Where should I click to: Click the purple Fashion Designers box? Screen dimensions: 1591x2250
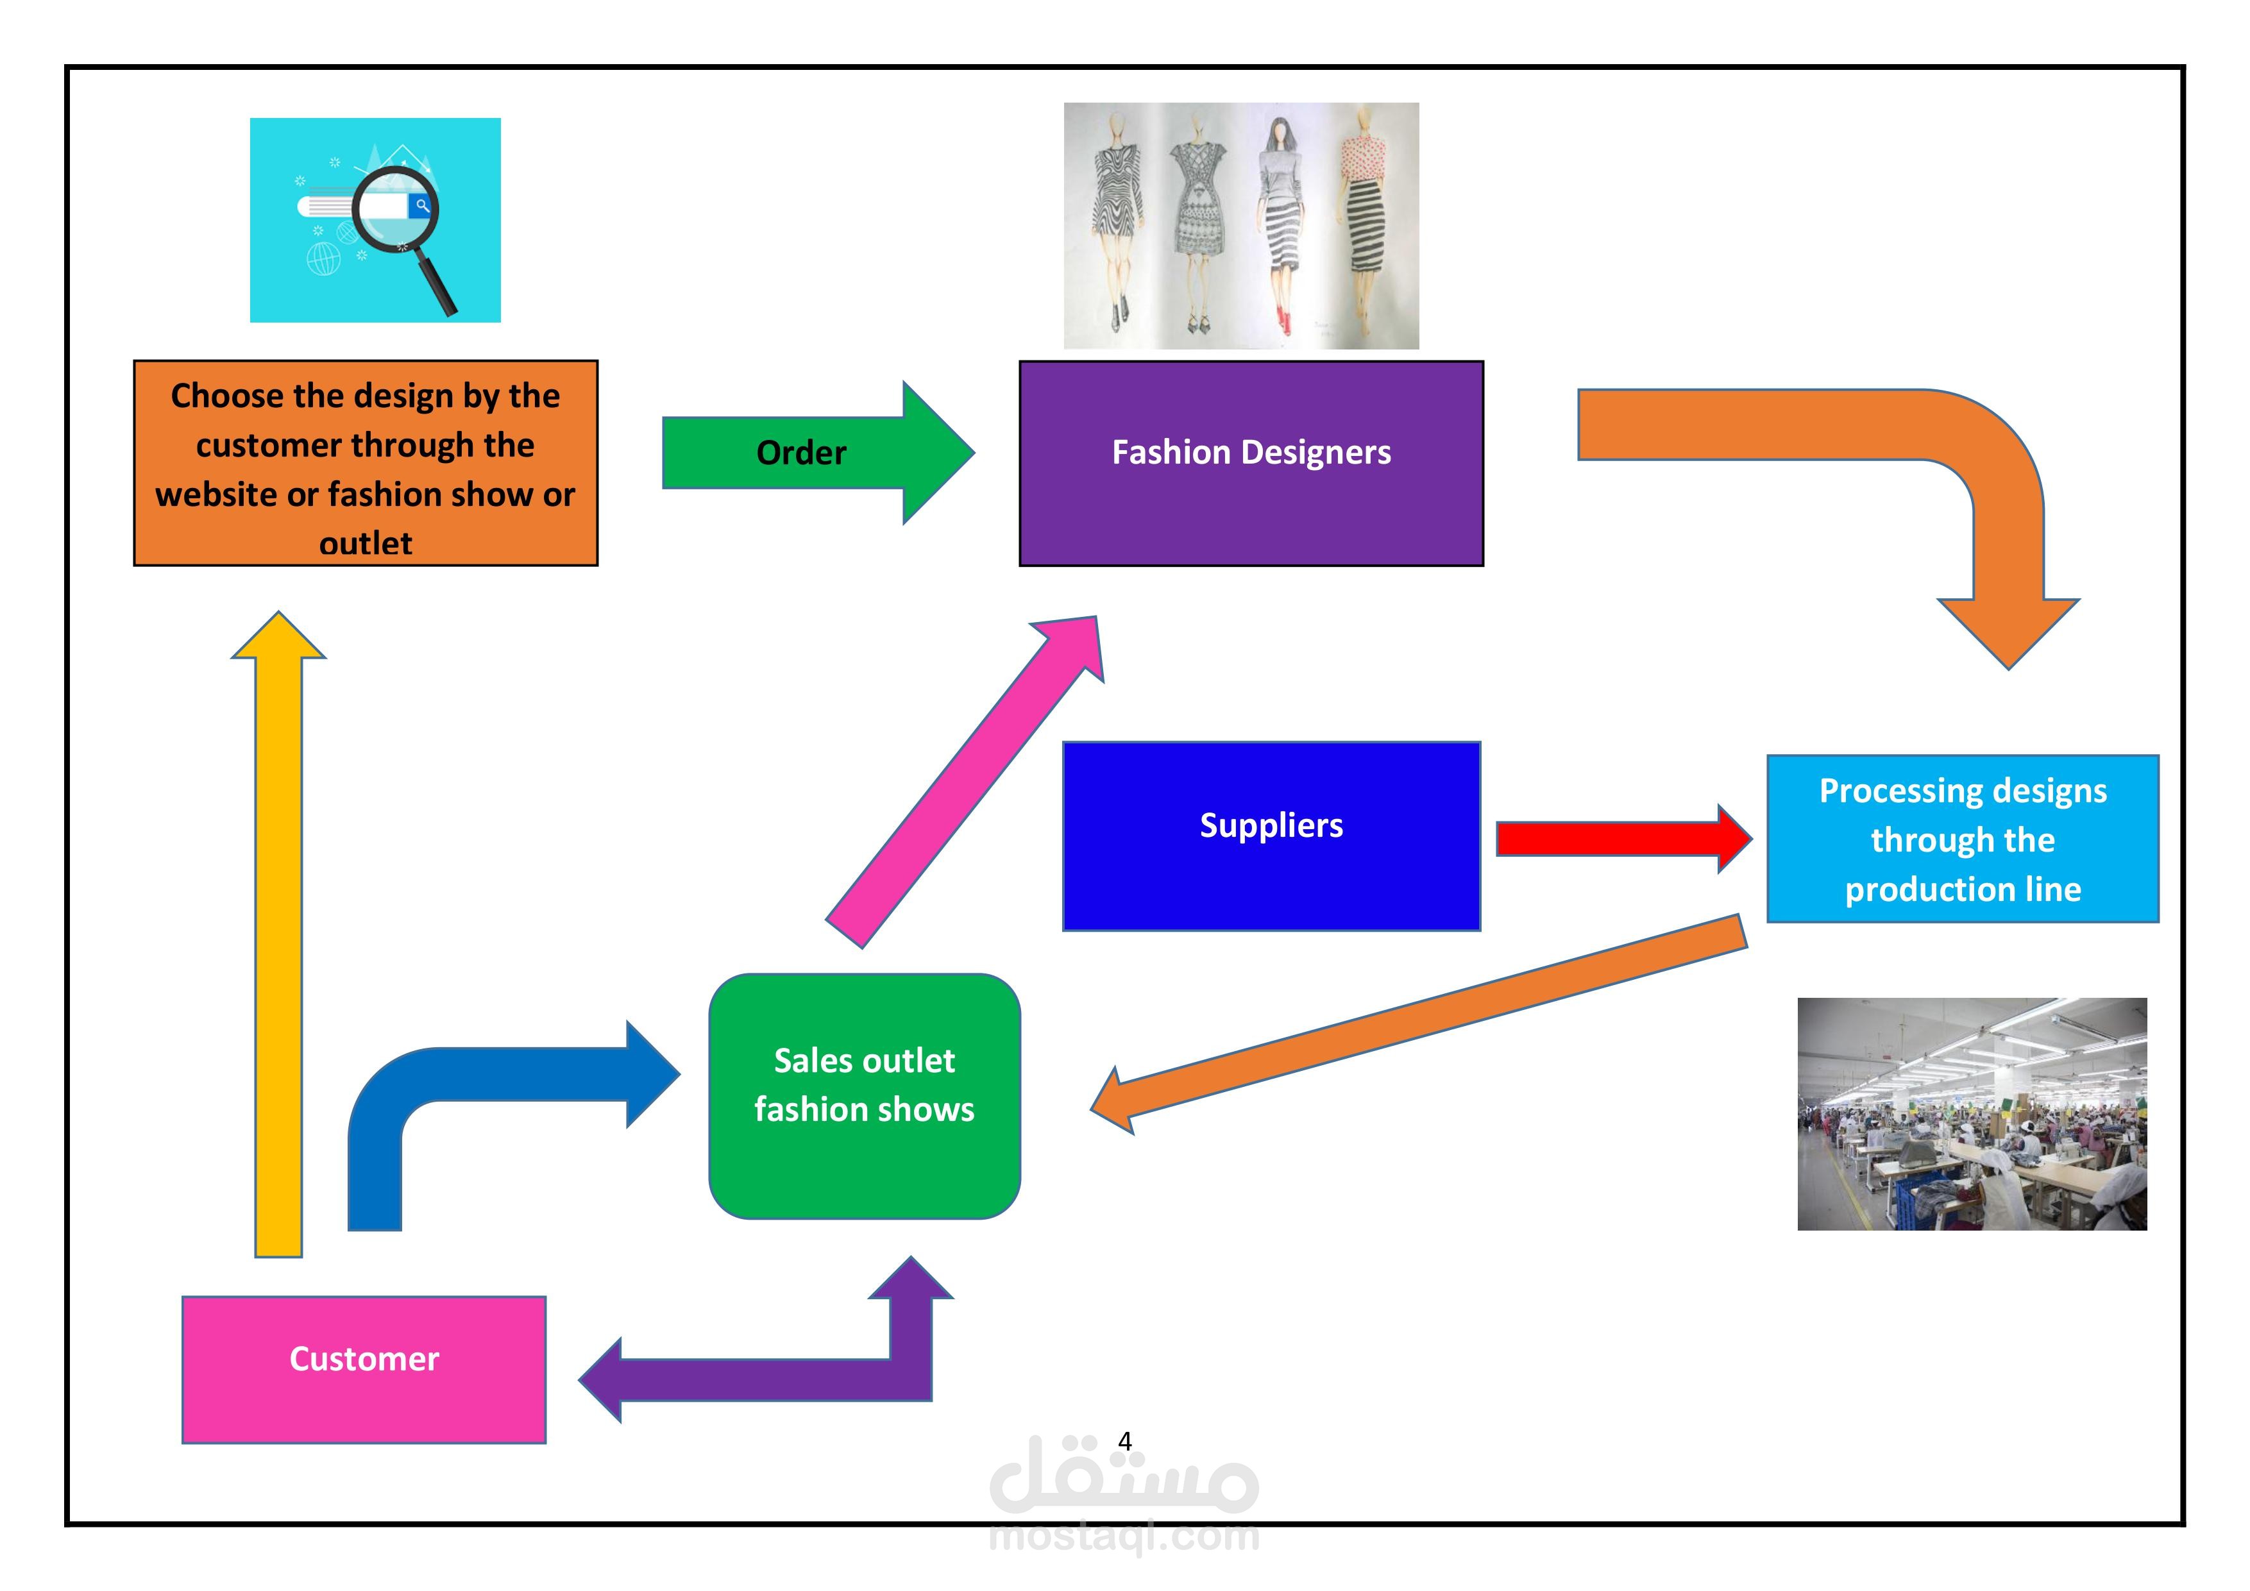click(1251, 464)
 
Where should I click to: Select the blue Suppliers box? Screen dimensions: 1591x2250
click(1271, 836)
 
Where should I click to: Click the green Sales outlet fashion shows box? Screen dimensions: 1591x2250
click(865, 1095)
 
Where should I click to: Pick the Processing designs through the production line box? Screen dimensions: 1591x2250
click(1962, 839)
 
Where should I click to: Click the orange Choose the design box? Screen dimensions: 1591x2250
click(366, 462)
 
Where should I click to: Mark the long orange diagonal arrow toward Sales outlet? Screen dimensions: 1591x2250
click(1421, 1023)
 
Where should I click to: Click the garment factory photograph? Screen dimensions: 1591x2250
click(1971, 1114)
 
